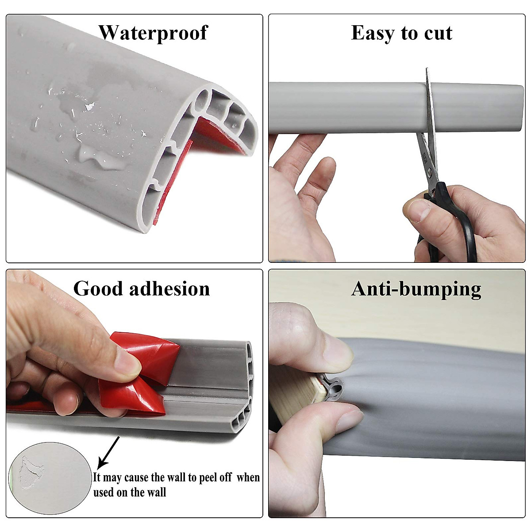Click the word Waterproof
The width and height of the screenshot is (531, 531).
pyautogui.click(x=153, y=33)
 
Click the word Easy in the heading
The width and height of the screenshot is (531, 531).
pyautogui.click(x=373, y=33)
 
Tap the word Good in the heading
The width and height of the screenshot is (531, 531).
pyautogui.click(x=98, y=289)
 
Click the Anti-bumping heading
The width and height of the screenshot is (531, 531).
pyautogui.click(x=416, y=289)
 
